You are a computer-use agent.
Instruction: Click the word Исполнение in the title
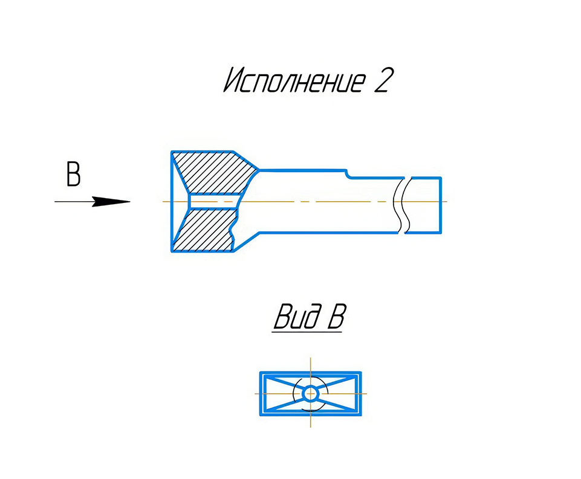[x=294, y=80]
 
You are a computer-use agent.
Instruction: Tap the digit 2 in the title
[x=382, y=80]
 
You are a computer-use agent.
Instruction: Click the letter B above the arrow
[x=73, y=173]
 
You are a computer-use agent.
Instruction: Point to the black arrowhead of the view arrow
[x=111, y=202]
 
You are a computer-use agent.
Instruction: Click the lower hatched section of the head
[x=206, y=230]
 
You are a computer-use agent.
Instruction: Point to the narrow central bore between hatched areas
[x=212, y=202]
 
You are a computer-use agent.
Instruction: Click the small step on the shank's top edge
[x=348, y=173]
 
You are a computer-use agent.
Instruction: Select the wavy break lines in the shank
[x=403, y=205]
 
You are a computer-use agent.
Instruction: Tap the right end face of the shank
[x=441, y=205]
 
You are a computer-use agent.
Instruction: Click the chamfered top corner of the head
[x=245, y=161]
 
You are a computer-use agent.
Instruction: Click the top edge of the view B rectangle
[x=311, y=373]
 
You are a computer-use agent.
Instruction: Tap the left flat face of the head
[x=172, y=201]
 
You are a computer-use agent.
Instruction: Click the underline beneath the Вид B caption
[x=307, y=332]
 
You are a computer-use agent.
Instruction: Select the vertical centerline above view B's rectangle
[x=311, y=364]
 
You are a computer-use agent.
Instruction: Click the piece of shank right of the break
[x=425, y=205]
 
